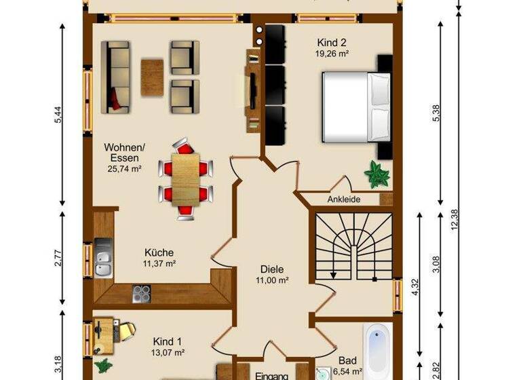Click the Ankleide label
click(x=344, y=199)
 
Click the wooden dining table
click(x=185, y=178)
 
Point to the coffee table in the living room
click(x=152, y=77)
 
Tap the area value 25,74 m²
click(x=123, y=170)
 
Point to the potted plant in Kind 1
click(x=104, y=366)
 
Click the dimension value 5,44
click(x=59, y=116)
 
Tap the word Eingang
click(x=272, y=375)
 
